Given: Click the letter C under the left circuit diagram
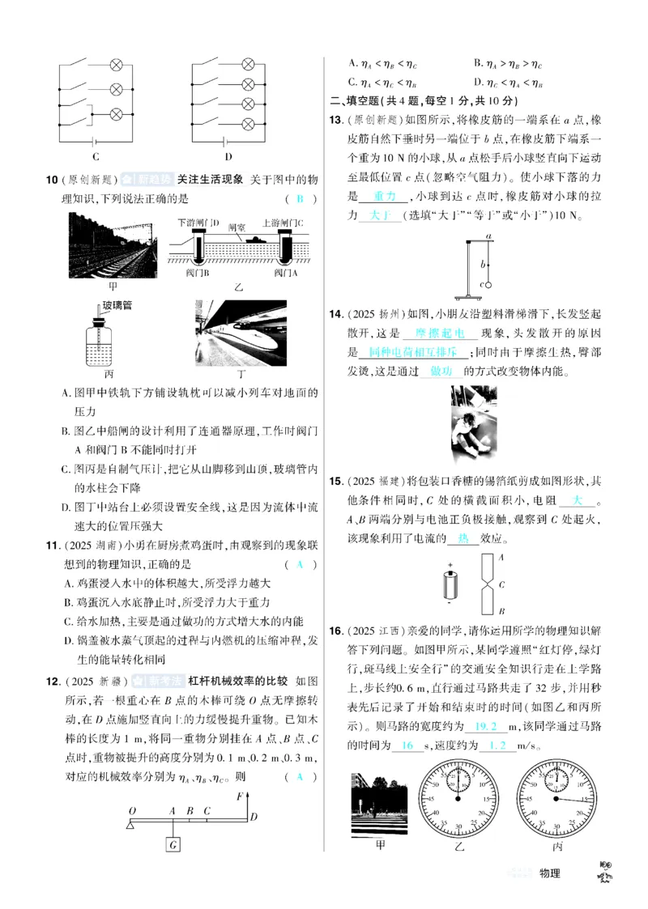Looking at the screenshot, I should (x=96, y=156).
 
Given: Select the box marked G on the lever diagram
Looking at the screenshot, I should (x=173, y=844).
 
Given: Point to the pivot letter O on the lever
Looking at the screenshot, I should (x=132, y=809).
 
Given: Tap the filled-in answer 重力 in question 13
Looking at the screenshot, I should (x=386, y=197).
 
